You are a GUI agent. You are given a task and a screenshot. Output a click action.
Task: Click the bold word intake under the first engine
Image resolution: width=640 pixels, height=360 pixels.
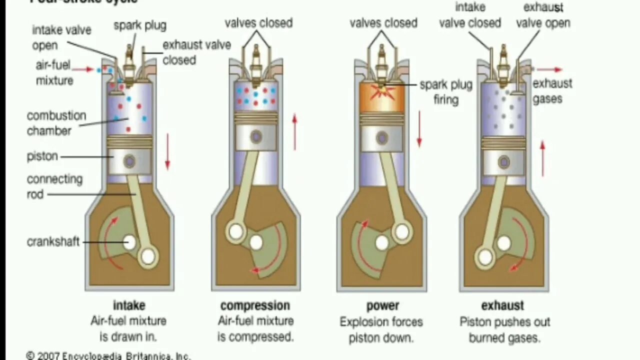tap(129, 305)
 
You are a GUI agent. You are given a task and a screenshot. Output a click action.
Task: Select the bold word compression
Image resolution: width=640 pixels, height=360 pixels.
tap(255, 305)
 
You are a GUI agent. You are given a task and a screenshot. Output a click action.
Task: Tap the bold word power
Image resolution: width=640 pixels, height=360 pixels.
tap(382, 305)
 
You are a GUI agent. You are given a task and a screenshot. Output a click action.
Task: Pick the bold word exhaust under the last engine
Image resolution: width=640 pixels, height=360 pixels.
tap(502, 305)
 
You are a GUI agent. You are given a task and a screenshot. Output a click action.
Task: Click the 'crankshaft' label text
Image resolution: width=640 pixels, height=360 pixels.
tap(53, 242)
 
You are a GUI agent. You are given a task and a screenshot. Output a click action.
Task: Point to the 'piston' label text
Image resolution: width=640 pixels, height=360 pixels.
tap(42, 156)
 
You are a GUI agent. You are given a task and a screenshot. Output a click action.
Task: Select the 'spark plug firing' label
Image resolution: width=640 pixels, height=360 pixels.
tap(446, 92)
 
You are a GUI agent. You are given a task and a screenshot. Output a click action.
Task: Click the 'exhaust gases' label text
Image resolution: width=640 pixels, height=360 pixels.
tap(551, 91)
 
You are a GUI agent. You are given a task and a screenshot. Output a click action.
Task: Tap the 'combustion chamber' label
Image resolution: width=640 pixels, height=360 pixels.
tap(56, 123)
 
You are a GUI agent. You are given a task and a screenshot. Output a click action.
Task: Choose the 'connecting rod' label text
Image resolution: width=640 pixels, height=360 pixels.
tap(54, 186)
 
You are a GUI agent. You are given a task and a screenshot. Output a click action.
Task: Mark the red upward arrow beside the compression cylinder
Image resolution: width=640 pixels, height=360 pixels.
tap(294, 132)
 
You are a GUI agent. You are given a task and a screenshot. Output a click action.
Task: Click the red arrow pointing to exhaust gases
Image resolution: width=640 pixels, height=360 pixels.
tap(549, 69)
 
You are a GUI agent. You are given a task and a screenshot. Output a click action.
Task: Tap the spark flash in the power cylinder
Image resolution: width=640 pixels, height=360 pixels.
tap(382, 90)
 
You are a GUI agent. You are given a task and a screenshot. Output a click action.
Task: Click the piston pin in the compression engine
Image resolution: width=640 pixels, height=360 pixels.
tap(257, 136)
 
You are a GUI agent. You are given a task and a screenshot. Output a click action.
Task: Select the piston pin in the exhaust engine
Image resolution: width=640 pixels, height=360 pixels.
tap(503, 161)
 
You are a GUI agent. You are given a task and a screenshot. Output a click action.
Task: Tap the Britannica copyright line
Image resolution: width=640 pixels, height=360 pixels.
tap(108, 355)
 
